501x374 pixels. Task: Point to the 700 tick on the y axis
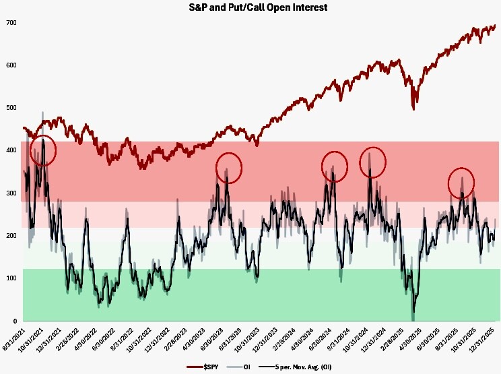[x=11, y=23]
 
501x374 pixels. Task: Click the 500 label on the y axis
[x=11, y=108]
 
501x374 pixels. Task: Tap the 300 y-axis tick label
[x=11, y=193]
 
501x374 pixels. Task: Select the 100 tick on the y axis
[x=11, y=278]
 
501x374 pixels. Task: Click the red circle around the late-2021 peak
[x=43, y=151]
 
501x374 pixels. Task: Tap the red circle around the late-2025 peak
[x=461, y=182]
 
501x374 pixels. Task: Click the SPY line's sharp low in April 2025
[x=413, y=108]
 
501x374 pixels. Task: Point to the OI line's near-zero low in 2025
[x=413, y=317]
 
